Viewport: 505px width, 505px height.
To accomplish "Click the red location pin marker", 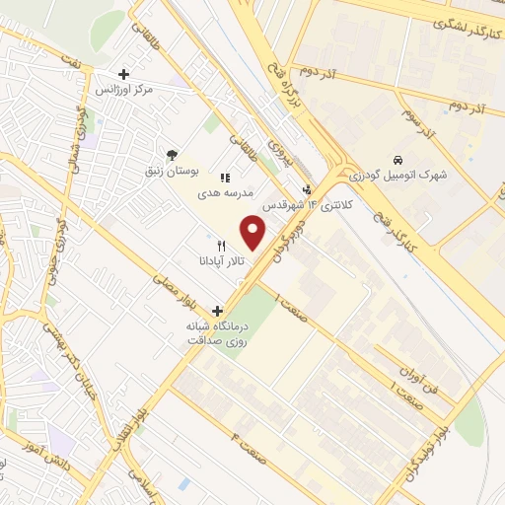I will [253, 233].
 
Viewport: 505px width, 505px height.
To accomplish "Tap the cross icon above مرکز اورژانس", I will [123, 74].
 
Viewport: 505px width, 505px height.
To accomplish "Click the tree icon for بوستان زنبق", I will [172, 155].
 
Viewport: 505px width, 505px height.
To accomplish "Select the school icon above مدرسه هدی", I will [225, 178].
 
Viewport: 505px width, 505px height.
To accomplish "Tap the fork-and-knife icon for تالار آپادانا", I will [221, 245].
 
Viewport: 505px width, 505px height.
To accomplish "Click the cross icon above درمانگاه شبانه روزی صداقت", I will [217, 310].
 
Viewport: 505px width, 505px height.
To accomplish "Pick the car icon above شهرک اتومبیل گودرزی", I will [397, 160].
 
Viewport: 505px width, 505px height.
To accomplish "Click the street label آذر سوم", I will [418, 122].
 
